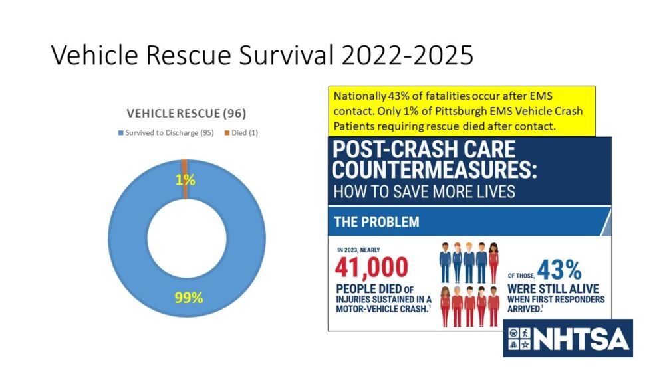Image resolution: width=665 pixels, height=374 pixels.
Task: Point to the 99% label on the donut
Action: click(x=188, y=297)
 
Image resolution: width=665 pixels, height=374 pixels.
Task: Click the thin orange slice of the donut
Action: click(x=184, y=170)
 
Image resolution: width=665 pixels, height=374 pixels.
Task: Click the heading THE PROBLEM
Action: click(x=376, y=222)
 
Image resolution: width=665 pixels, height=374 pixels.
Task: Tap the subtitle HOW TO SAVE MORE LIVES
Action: click(x=423, y=193)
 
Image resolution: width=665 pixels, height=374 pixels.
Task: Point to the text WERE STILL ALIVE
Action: click(x=553, y=289)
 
